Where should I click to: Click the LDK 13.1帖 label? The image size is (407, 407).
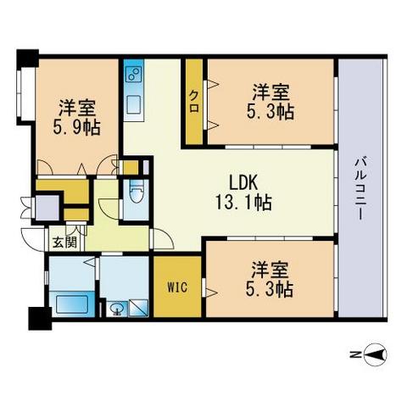click(x=243, y=192)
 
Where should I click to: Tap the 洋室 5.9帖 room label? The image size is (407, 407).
click(x=76, y=117)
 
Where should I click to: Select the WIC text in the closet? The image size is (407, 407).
click(x=177, y=287)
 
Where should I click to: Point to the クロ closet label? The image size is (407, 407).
click(x=194, y=101)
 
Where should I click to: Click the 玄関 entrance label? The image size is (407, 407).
click(x=65, y=243)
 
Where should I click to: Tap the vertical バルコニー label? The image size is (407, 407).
click(x=360, y=190)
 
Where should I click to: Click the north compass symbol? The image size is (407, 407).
click(x=376, y=354)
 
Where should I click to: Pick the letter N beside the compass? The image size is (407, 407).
click(x=354, y=354)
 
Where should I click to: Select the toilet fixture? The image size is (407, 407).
click(x=137, y=191)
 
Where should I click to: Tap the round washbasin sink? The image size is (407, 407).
click(x=116, y=309)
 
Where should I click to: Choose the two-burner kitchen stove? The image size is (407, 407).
click(x=133, y=73)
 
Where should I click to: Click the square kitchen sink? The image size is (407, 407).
click(x=133, y=104)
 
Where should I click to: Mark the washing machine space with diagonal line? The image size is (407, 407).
click(x=138, y=308)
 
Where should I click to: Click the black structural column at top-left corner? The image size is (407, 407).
click(x=28, y=58)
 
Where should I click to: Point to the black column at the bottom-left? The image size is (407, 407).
click(x=40, y=319)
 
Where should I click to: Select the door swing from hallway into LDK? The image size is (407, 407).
click(x=163, y=239)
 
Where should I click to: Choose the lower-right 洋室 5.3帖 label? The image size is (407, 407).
click(x=270, y=280)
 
